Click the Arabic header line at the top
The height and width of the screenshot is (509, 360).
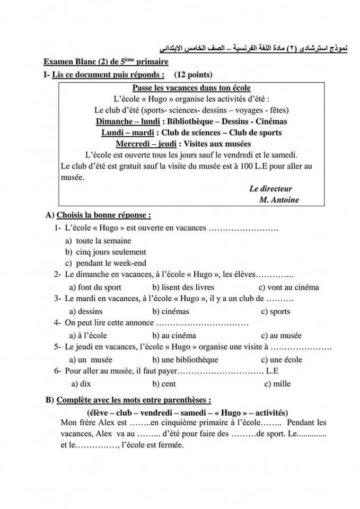[x=249, y=49]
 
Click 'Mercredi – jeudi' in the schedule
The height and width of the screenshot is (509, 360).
[x=145, y=144]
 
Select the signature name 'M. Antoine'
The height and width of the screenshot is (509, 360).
[x=279, y=200]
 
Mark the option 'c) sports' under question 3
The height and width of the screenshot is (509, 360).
[x=276, y=312]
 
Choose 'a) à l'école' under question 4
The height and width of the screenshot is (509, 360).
[x=88, y=335]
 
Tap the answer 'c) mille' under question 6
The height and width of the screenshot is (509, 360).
[x=277, y=384]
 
